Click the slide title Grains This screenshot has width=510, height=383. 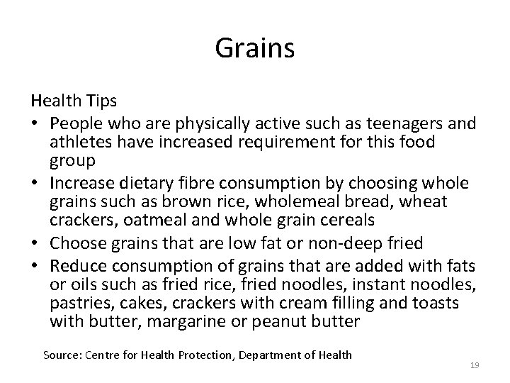(x=255, y=50)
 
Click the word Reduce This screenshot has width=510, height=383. (x=76, y=265)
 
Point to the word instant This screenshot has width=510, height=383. (x=368, y=284)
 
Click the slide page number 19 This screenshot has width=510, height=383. (x=475, y=365)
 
